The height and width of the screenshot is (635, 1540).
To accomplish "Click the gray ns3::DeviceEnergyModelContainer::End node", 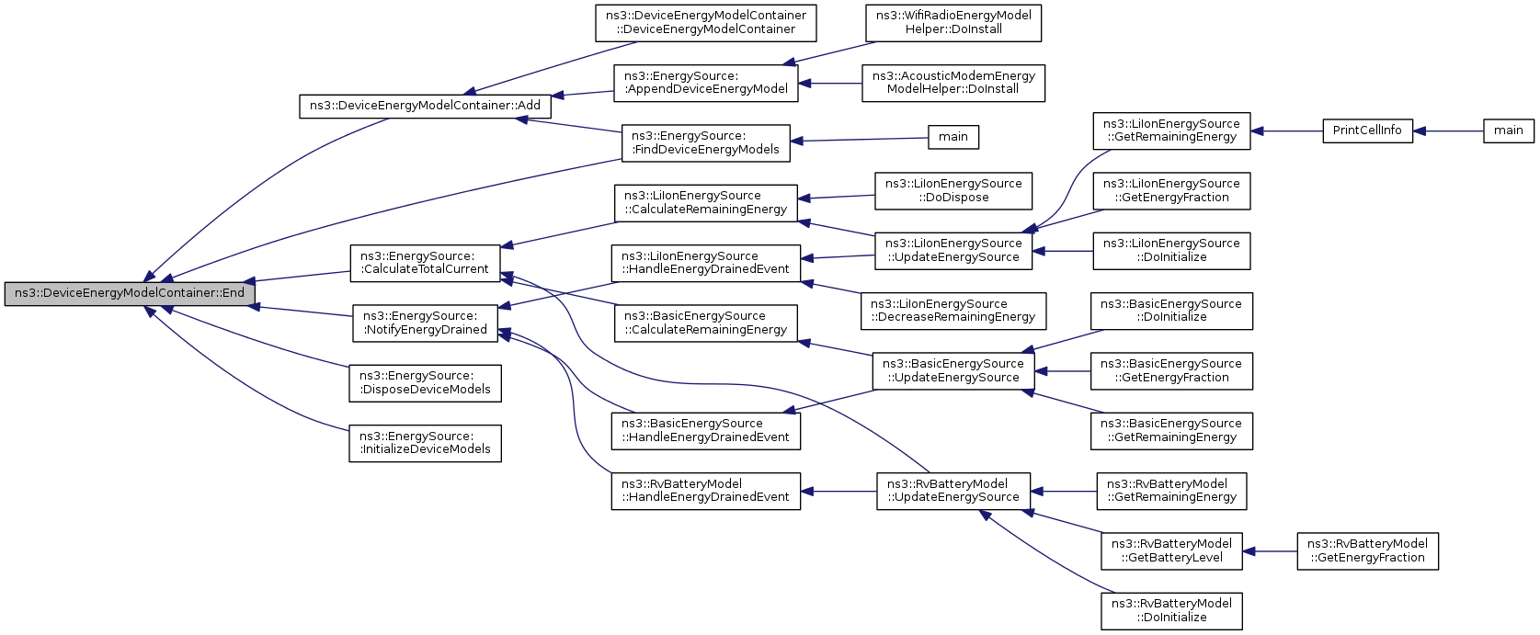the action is click(130, 293).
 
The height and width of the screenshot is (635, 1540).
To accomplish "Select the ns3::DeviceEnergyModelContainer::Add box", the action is click(425, 106).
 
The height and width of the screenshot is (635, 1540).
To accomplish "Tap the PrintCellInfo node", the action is click(1367, 130).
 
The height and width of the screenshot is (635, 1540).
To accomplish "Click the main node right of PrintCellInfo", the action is click(1509, 130).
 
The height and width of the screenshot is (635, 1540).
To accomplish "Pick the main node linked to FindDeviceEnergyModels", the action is click(953, 137).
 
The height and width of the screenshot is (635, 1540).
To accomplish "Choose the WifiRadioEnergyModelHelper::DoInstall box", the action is click(953, 23).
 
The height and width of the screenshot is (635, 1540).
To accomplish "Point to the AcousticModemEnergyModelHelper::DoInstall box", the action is click(953, 83).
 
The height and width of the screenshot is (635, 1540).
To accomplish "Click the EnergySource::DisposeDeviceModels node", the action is click(425, 383).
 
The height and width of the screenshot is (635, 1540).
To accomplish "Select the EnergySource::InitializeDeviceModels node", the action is click(425, 443).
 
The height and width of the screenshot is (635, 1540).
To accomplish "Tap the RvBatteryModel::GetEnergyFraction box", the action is click(1367, 551).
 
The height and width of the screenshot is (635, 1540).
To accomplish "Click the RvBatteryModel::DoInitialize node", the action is click(1171, 611).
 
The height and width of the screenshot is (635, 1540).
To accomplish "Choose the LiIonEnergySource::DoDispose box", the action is click(953, 190).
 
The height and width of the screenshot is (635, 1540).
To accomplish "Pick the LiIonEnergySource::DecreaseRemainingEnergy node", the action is click(953, 311).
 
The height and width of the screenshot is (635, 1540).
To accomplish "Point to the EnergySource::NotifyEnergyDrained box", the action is click(425, 323).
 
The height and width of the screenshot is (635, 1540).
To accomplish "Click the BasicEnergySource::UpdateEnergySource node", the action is click(953, 370).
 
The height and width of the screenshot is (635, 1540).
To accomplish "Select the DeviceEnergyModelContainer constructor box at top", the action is click(705, 23).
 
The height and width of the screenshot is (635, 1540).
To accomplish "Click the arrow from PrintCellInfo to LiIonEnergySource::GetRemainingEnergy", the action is click(1286, 130).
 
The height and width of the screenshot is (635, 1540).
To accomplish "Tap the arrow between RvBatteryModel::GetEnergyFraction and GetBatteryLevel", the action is click(1270, 551).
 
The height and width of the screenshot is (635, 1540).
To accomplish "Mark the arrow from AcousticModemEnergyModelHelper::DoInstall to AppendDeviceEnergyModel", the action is click(830, 83).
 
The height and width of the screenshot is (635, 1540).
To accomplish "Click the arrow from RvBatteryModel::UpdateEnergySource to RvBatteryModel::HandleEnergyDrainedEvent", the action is click(838, 492).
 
